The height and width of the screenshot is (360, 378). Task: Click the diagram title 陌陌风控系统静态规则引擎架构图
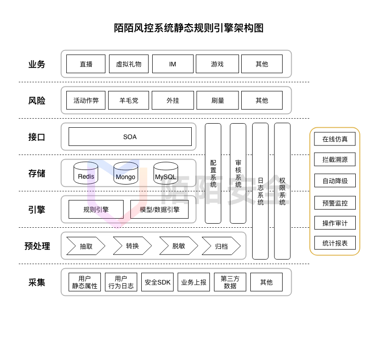point(189,28)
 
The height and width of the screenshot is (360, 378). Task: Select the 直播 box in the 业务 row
point(86,64)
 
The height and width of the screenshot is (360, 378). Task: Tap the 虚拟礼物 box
point(129,64)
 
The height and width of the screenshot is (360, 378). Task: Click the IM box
point(173,64)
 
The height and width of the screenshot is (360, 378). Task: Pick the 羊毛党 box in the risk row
point(129,100)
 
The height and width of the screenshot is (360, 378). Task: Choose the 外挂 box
point(173,100)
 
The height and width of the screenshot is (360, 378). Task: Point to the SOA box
point(130,137)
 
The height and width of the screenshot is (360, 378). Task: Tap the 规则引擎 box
point(96,210)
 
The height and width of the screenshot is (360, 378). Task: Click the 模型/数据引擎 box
point(159,210)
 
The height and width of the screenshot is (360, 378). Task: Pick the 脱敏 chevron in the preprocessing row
point(179,246)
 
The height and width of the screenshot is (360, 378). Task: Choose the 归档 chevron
point(221,246)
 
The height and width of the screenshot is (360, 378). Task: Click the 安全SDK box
point(158,282)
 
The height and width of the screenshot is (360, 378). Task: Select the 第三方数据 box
point(230,282)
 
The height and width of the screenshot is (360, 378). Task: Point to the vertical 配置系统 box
point(213,173)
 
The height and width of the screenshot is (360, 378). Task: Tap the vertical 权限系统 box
point(282,191)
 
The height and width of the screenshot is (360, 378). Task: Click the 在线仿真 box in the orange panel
point(335,139)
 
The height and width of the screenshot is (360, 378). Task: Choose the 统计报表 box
point(335,243)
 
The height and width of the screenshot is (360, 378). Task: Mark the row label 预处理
point(37,246)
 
